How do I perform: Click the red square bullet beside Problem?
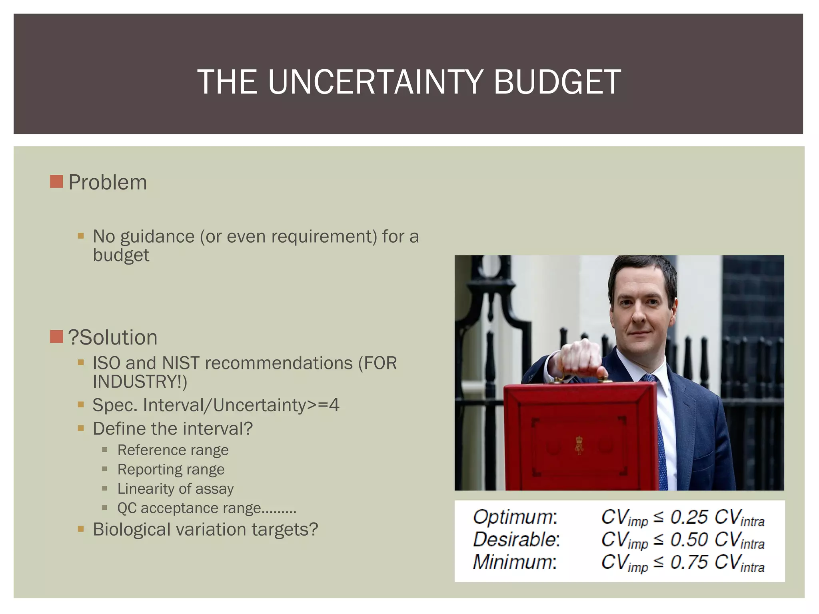click(56, 181)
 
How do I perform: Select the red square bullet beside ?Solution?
click(56, 337)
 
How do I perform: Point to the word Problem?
click(108, 183)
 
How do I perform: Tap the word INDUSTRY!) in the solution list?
click(140, 382)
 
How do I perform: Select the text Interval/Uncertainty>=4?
click(241, 405)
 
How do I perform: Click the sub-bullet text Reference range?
click(173, 450)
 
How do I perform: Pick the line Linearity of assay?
click(175, 488)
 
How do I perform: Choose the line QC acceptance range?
click(206, 508)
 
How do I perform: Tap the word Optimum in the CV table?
click(515, 517)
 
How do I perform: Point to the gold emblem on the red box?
click(579, 446)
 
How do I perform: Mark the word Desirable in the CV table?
click(516, 540)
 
